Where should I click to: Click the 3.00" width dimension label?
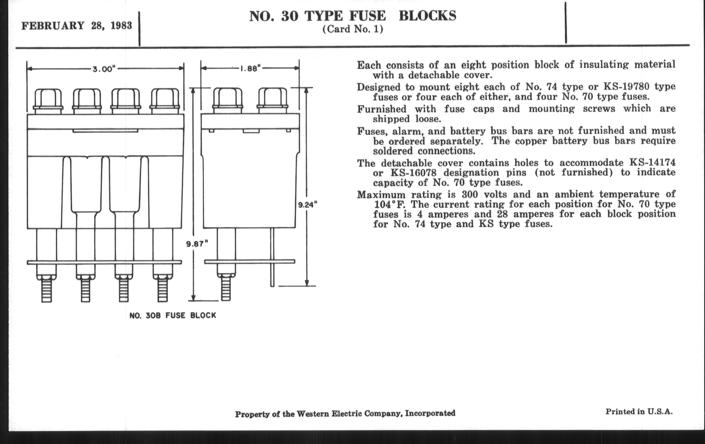[105, 69]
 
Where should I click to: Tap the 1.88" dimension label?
[250, 68]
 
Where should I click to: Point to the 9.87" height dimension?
[197, 243]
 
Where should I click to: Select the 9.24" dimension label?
[307, 205]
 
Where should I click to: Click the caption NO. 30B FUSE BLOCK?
[173, 315]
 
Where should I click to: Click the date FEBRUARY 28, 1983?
[77, 26]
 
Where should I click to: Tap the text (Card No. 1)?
[353, 29]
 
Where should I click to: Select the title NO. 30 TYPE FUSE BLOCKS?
[353, 16]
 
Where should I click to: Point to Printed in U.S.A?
[639, 411]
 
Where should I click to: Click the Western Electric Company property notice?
[345, 414]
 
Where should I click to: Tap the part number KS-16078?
[413, 172]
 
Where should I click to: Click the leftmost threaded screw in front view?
[47, 290]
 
